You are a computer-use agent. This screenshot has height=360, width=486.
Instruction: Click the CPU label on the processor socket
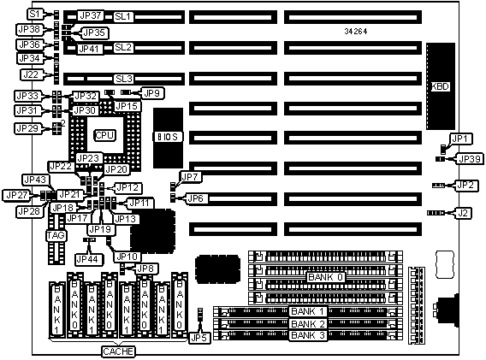[104, 135]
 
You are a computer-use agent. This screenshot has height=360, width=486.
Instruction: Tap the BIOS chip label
[168, 137]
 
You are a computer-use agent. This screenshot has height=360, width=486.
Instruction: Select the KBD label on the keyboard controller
[441, 86]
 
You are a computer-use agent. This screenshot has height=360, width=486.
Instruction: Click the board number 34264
[356, 32]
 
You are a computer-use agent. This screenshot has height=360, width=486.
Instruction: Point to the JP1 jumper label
[459, 139]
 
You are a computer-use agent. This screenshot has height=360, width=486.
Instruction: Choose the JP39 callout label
[470, 159]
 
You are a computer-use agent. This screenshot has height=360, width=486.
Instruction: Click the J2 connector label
[463, 213]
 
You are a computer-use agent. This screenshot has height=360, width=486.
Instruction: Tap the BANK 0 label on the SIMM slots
[326, 277]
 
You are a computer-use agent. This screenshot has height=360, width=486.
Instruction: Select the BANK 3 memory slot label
[308, 335]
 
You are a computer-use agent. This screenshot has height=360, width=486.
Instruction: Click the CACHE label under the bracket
[118, 351]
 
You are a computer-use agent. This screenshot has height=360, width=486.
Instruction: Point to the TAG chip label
[56, 235]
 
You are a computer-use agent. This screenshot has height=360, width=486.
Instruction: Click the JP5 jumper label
[199, 338]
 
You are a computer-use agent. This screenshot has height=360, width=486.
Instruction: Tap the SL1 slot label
[123, 16]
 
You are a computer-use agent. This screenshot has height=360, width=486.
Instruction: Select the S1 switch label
[35, 14]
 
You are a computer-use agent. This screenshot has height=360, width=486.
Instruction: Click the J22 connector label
[32, 74]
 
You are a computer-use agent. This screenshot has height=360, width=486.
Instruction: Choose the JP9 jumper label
[152, 93]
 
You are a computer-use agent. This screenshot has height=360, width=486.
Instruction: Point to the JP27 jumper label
[17, 195]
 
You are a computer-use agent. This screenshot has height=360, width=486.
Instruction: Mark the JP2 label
[465, 186]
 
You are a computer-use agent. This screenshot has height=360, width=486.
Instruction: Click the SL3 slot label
[124, 79]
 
